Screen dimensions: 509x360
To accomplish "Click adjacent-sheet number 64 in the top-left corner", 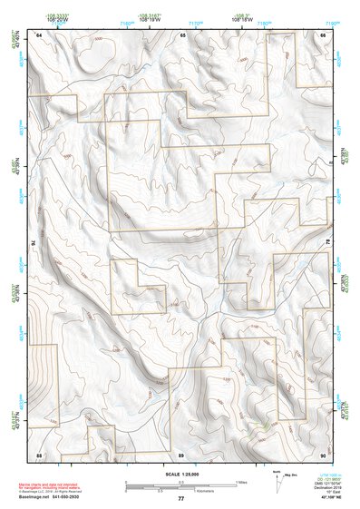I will click(x=39, y=34).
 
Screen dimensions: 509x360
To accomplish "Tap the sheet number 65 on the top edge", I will click(x=182, y=34).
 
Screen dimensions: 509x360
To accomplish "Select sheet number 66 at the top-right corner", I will click(x=324, y=34).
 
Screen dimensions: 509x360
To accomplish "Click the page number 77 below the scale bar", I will click(x=181, y=499).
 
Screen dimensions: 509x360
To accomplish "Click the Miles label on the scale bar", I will click(x=240, y=481).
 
